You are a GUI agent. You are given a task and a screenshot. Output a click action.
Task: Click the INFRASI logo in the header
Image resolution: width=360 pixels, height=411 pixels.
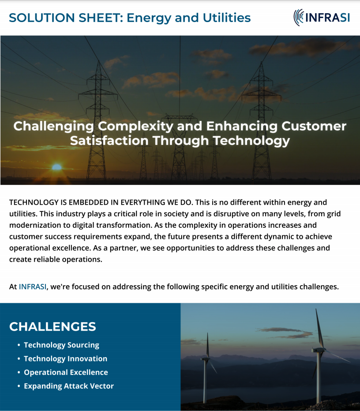coord(322,18)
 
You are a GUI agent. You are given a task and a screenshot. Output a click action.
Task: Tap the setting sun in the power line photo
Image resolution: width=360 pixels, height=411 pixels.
coord(56,167)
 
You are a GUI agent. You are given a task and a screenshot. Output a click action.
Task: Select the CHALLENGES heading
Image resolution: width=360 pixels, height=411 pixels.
coord(52,327)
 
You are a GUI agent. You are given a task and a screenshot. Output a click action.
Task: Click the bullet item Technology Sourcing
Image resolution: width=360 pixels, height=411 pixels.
coord(62,345)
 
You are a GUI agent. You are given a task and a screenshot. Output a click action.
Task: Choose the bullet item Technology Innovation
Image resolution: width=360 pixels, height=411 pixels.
coord(65,358)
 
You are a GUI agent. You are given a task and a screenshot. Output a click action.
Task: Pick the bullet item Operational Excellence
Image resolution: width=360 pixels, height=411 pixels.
coord(66,372)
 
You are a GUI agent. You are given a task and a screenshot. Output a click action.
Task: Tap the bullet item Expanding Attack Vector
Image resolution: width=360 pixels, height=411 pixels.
coord(69,386)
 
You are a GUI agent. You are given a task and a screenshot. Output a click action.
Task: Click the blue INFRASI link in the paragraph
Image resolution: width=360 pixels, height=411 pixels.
coord(33,287)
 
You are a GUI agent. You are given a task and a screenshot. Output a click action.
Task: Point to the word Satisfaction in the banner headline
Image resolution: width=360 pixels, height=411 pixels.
coord(109,140)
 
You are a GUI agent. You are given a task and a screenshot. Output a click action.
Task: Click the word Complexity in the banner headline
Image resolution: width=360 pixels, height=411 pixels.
coord(135,126)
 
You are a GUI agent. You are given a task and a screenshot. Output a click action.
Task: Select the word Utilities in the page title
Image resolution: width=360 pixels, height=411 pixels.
coord(227,18)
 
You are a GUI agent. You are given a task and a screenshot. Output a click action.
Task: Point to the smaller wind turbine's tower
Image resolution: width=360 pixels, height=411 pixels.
coord(205,380)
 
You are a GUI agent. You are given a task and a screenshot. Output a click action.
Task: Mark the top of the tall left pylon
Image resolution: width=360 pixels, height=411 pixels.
coord(98,61)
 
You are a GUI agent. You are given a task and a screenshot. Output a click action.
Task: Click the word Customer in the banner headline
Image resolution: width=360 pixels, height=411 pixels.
coord(314,126)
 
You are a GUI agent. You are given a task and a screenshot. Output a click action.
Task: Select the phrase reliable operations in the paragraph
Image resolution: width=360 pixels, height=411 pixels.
coord(67,260)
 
